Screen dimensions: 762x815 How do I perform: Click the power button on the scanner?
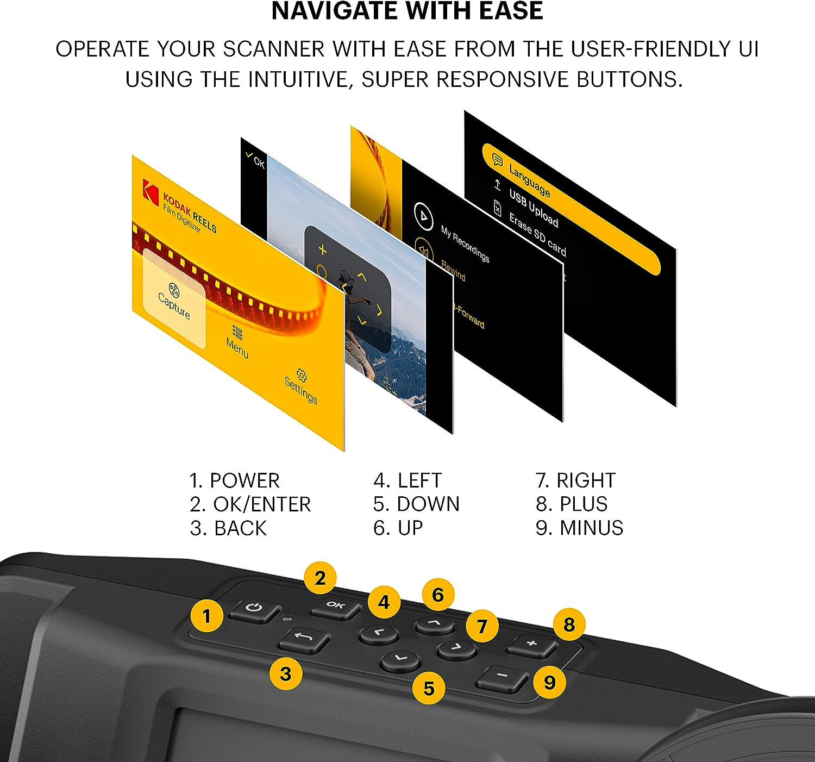point(254,609)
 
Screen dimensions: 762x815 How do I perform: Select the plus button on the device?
point(532,645)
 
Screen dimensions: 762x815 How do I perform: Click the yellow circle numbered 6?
point(438,595)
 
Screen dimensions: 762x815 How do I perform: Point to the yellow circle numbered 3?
point(286,674)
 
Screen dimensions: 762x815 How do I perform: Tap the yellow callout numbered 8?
point(569,624)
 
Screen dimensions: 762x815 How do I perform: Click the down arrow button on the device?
point(400,660)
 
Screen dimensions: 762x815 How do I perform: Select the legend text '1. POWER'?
point(234,480)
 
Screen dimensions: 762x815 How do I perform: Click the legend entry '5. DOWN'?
point(416,504)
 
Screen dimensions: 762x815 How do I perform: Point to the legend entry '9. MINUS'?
point(579,528)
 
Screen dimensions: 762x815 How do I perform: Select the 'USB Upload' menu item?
point(533,208)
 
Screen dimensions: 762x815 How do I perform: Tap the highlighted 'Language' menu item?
point(529,180)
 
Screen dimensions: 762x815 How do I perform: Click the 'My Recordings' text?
point(465,244)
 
